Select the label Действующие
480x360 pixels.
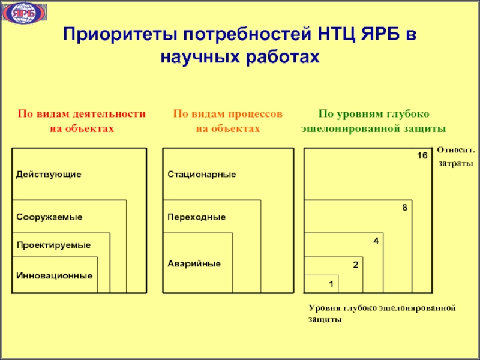click(x=49, y=174)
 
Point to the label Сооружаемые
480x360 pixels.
click(x=49, y=216)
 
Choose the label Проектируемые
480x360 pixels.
click(x=53, y=245)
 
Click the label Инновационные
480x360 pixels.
click(x=54, y=275)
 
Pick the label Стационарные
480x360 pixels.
click(x=202, y=174)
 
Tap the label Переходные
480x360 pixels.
click(x=196, y=216)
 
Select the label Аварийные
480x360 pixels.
click(x=194, y=263)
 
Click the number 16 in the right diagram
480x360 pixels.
click(x=422, y=156)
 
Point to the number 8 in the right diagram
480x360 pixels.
click(x=404, y=208)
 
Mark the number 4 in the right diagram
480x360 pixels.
click(x=376, y=241)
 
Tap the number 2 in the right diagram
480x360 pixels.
click(x=355, y=264)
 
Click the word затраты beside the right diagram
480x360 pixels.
click(x=455, y=163)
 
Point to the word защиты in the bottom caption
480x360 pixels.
click(x=325, y=320)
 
